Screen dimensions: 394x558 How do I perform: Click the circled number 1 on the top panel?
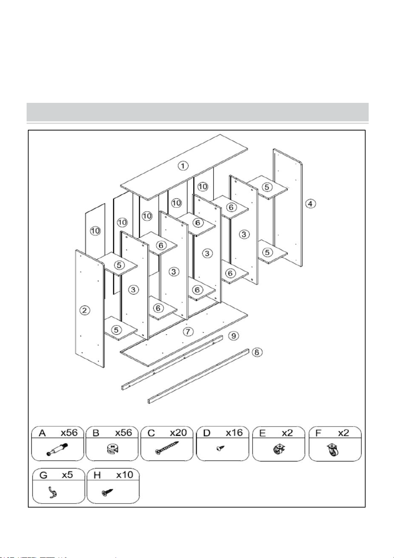tap(183, 166)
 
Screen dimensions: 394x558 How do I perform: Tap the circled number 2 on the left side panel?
tap(84, 310)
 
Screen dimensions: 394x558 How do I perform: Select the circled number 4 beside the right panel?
tap(310, 204)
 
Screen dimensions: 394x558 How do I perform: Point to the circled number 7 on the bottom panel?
tap(188, 332)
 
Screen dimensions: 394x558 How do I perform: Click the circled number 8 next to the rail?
tap(257, 352)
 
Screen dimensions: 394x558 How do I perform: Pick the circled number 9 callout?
tap(234, 336)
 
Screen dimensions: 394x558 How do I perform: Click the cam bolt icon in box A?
tap(57, 449)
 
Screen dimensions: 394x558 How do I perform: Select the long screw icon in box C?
tap(167, 448)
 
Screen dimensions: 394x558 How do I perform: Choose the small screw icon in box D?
tap(220, 448)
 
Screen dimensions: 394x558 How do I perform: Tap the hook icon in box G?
tap(53, 492)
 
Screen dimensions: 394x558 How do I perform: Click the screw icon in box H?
tap(107, 492)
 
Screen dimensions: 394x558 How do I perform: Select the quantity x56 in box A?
tap(69, 433)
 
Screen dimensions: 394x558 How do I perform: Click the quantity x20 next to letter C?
tap(179, 433)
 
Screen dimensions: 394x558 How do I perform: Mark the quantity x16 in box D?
tap(234, 433)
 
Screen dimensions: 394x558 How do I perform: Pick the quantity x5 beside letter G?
tap(68, 475)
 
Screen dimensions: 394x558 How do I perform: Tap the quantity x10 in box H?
tap(125, 475)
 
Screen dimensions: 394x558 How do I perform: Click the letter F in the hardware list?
tap(318, 433)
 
